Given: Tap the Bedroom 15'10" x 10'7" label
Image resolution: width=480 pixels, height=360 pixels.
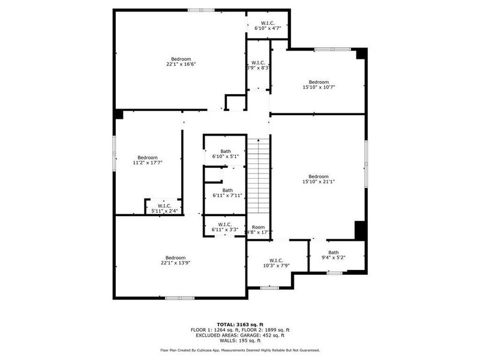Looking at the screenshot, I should (319, 85).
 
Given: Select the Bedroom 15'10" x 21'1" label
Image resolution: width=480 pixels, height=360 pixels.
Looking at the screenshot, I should (319, 179).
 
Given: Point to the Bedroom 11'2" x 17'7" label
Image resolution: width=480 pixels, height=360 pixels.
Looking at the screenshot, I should (147, 160).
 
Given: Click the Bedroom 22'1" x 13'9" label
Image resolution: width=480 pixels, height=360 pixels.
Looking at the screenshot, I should (175, 260).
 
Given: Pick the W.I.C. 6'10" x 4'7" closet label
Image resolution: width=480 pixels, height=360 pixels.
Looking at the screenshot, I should (268, 25).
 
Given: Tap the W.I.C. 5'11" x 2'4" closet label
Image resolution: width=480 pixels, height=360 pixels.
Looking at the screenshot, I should (164, 208).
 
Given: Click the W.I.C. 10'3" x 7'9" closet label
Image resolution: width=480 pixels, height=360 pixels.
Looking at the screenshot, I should (277, 263).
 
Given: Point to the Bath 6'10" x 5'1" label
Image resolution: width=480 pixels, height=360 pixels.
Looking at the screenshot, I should (226, 154).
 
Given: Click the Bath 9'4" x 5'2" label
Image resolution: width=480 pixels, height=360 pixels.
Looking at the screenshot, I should (333, 254).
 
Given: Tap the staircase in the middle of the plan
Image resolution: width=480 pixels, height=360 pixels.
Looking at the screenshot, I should (259, 174).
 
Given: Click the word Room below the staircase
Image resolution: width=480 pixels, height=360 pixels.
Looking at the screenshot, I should (259, 227).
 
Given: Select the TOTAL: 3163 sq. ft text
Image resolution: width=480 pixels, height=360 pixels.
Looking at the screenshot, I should (240, 324).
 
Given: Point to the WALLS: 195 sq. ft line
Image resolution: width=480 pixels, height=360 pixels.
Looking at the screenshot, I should (240, 340).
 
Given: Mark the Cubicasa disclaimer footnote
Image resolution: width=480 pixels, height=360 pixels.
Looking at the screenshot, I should (240, 350).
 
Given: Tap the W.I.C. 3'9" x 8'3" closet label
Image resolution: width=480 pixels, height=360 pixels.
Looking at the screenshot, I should (258, 65).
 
